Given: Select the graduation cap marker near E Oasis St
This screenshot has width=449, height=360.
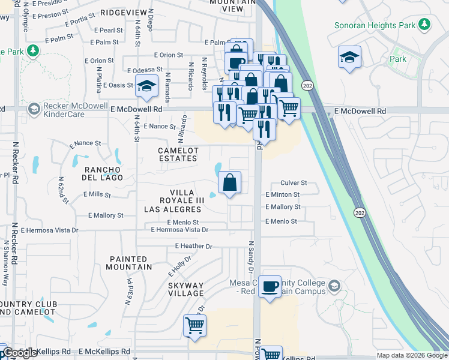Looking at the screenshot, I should [146, 86].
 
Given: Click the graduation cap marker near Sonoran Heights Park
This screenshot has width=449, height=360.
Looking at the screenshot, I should [349, 57].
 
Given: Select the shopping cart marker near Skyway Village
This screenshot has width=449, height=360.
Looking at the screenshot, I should [194, 326].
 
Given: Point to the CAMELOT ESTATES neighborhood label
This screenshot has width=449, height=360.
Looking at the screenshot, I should [177, 154].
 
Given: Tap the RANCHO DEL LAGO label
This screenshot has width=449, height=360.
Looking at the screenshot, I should [103, 173].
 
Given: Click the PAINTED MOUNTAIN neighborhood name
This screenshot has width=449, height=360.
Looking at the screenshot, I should [129, 262].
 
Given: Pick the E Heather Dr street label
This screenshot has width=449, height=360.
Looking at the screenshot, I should [193, 246].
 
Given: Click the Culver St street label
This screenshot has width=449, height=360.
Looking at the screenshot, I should [294, 183].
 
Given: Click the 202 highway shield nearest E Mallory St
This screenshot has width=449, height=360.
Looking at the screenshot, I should [359, 213].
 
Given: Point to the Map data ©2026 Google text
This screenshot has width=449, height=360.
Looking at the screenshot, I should [411, 355].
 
